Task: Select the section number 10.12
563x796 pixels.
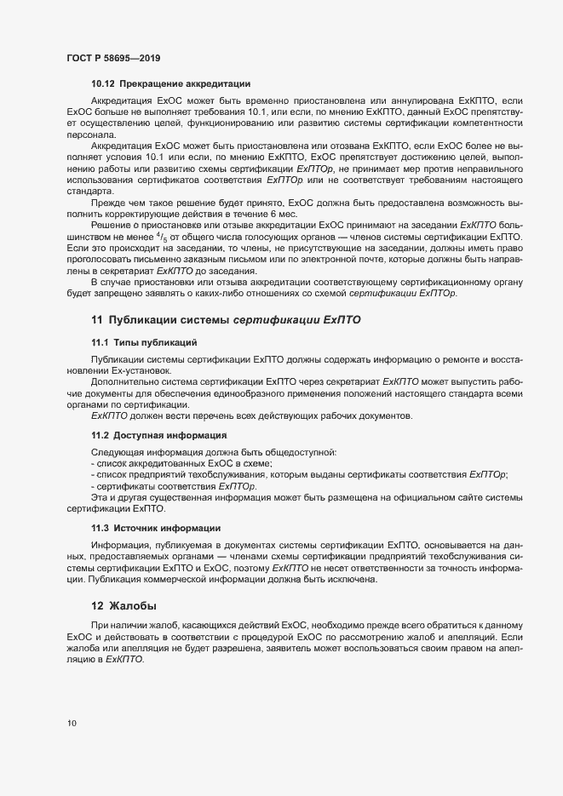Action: [x=102, y=83]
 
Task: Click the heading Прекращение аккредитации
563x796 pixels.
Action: [x=184, y=83]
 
